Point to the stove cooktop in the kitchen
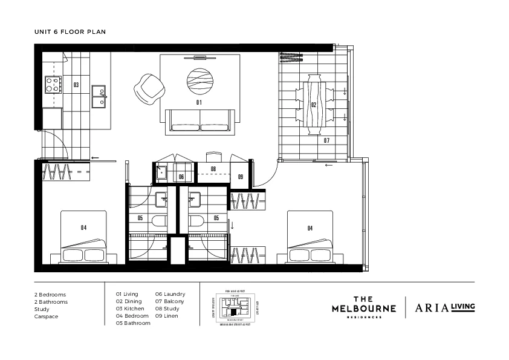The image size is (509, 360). (x=53, y=85)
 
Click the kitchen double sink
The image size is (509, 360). (x=99, y=96)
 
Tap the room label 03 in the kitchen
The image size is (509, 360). (x=76, y=85)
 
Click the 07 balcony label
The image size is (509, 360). (x=326, y=140)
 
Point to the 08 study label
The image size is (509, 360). (x=213, y=169)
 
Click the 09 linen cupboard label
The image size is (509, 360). (x=240, y=177)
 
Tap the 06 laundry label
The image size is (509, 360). (x=181, y=177)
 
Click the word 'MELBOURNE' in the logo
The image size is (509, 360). (x=364, y=309)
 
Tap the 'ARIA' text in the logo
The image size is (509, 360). (x=430, y=307)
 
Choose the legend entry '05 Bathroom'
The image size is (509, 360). (x=133, y=323)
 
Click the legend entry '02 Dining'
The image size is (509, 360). (x=129, y=301)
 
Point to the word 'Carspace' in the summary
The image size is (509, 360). (x=46, y=316)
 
